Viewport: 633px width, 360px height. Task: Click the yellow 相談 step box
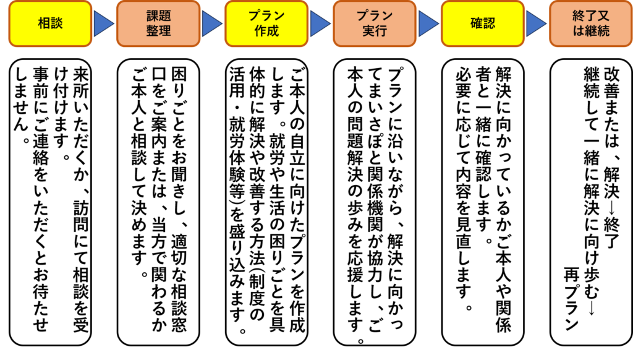coord(51,24)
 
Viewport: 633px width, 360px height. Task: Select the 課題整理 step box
coord(158,24)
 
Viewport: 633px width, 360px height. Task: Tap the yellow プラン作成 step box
coord(266,24)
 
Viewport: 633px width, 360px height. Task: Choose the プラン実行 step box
coord(375,24)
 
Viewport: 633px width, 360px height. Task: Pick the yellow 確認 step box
coord(483,24)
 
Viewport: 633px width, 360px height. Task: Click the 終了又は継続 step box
coord(591,24)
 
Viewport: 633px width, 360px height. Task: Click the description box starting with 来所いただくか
coord(51,202)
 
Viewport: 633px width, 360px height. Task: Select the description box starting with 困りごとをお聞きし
coord(158,202)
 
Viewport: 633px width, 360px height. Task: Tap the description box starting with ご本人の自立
coord(266,202)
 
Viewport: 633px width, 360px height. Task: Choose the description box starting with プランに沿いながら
coord(375,202)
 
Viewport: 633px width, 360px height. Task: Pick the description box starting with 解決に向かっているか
coord(483,202)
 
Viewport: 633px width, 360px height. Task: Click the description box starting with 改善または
coord(591,202)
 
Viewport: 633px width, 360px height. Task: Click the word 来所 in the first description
coord(81,82)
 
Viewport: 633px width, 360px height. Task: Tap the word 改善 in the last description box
coord(611,82)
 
